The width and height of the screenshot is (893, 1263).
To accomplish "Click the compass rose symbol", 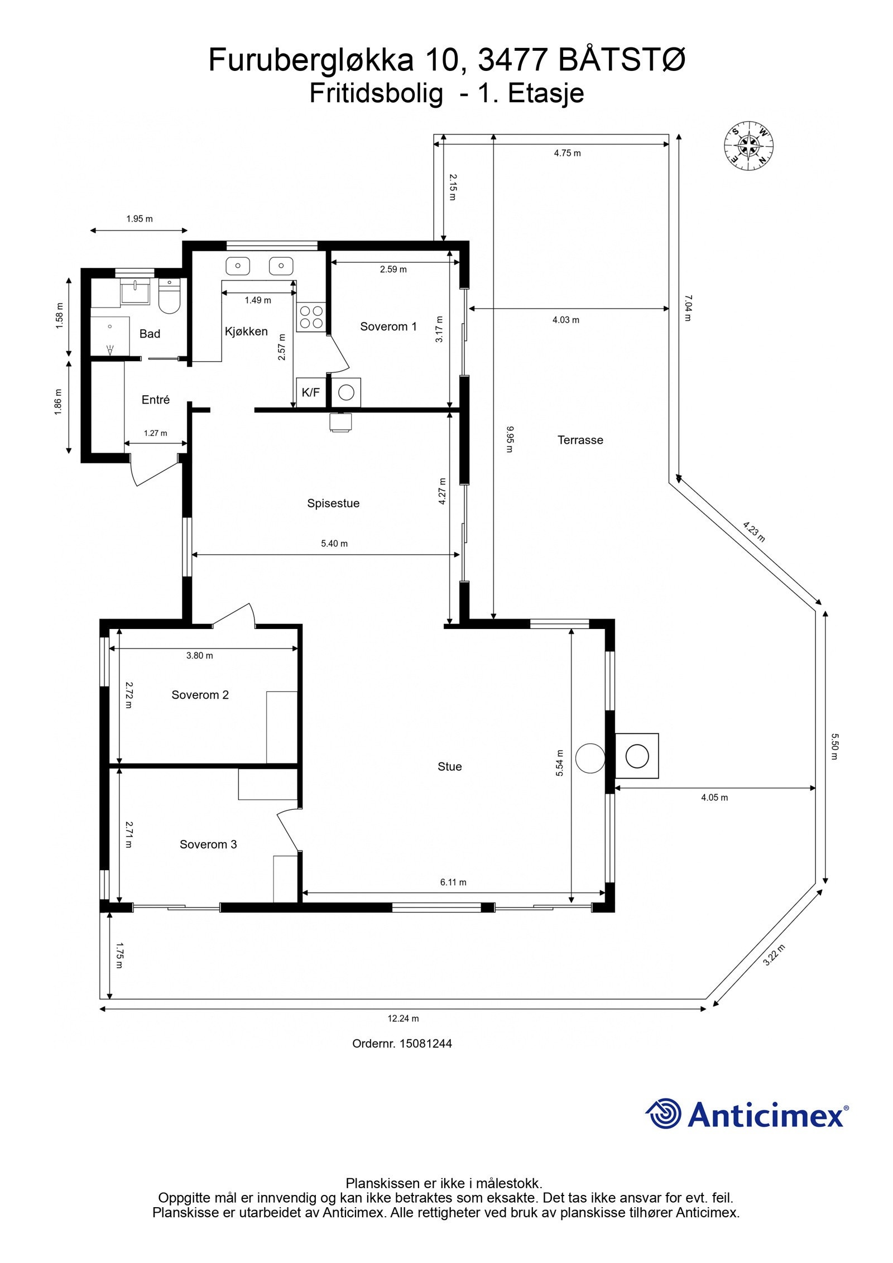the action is click(x=748, y=147).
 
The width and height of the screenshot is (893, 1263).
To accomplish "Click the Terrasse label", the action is click(x=580, y=440).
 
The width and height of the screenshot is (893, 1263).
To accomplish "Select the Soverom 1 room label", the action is click(x=388, y=326).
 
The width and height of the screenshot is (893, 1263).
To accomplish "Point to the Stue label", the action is click(x=449, y=766).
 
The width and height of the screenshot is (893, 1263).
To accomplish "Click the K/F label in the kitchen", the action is click(x=311, y=392).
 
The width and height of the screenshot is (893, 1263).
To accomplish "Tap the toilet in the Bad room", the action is click(x=169, y=296).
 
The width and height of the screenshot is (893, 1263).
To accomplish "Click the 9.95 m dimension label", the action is click(x=510, y=439).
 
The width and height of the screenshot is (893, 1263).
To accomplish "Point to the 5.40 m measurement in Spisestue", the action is click(x=334, y=543).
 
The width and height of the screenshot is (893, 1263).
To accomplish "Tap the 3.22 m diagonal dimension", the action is click(x=774, y=955).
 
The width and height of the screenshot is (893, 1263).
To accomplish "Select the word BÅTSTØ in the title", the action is click(x=622, y=60).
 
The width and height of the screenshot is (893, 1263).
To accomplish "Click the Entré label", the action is click(x=156, y=400).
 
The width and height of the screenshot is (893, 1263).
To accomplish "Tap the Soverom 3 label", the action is click(x=208, y=844).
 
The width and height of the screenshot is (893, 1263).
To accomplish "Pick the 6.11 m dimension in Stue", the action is click(x=453, y=882).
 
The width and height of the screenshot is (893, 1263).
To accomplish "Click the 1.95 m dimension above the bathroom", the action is click(x=140, y=219).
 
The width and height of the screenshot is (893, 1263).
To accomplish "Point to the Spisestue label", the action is click(x=333, y=503).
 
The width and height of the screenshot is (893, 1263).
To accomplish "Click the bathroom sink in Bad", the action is click(x=135, y=290).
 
